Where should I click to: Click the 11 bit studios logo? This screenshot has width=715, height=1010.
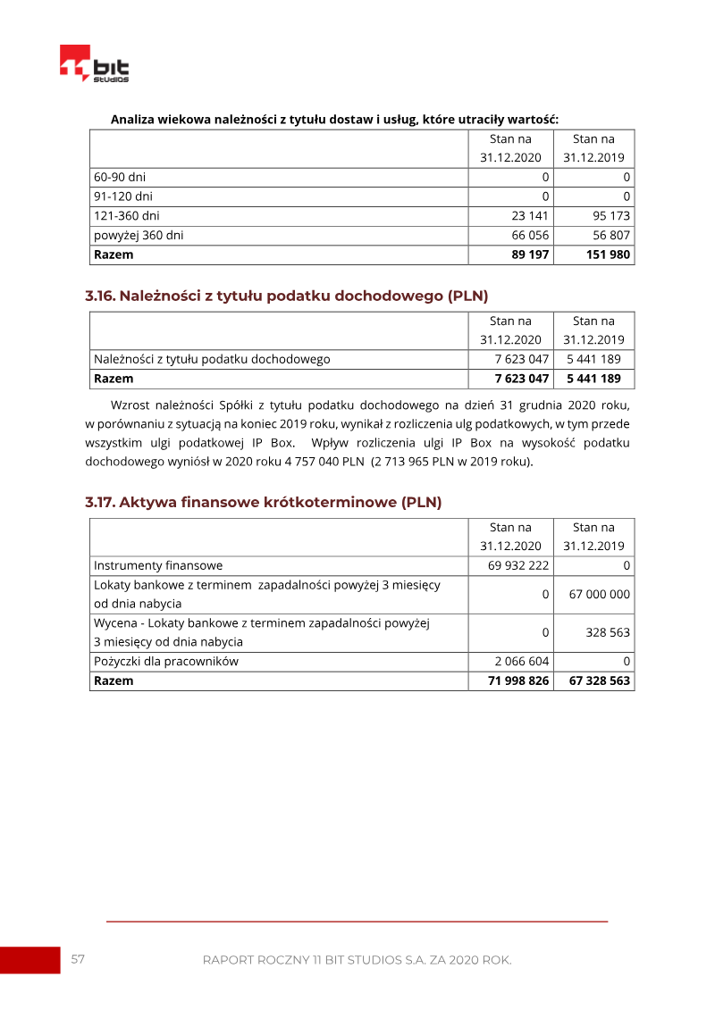tap(94, 64)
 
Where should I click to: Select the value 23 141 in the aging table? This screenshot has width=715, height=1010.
tap(530, 215)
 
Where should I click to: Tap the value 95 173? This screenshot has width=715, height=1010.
tap(612, 215)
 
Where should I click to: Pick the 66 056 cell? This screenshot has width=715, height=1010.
tap(530, 235)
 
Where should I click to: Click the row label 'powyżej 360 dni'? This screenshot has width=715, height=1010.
tap(139, 235)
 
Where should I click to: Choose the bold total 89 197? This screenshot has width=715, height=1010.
tap(530, 255)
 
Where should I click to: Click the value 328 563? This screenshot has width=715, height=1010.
tap(608, 632)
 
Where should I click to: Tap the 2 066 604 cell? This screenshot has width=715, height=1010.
tap(521, 662)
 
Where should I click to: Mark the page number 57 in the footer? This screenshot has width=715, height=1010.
tap(78, 959)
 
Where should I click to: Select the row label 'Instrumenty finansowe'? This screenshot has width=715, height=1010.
tap(158, 565)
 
